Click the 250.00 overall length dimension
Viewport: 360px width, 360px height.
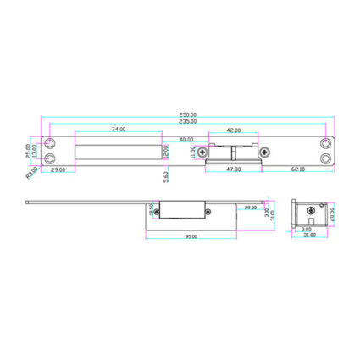[x=187, y=114]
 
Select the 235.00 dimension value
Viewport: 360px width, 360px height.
[x=187, y=122]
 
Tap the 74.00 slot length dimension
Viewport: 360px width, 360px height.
[x=119, y=130]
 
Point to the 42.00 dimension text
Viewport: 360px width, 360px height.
[x=233, y=130]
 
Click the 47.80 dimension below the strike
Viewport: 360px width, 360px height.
[x=234, y=169]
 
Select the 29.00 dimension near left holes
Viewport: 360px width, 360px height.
[x=58, y=169]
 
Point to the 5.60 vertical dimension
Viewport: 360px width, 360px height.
[x=167, y=176]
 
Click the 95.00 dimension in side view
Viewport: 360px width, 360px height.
[x=192, y=236]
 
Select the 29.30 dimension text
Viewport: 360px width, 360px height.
[x=250, y=208]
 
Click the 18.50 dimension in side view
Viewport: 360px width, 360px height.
[x=152, y=209]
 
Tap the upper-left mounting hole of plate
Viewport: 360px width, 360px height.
[x=50, y=143]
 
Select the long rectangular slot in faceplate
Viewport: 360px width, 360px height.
[x=119, y=152]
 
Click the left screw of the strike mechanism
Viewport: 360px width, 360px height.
[x=202, y=152]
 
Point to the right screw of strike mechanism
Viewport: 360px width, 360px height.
[x=265, y=152]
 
